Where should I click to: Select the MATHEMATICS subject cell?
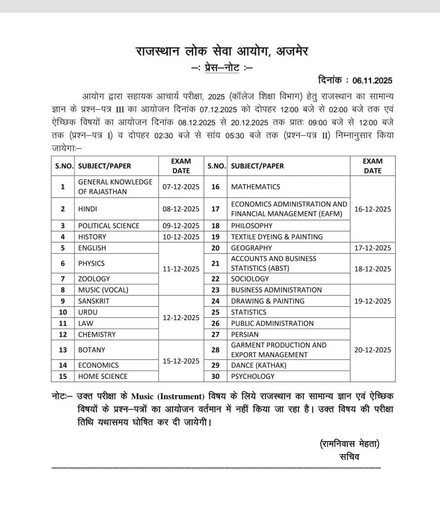pyautogui.click(x=255, y=187)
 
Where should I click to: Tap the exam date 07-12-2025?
pyautogui.click(x=181, y=187)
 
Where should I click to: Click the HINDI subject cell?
pyautogui.click(x=87, y=208)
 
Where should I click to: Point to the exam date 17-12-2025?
pyautogui.click(x=373, y=248)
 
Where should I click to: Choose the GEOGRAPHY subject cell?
pyautogui.click(x=251, y=248)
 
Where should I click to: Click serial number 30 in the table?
pyautogui.click(x=215, y=376)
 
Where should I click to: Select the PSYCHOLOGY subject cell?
pyautogui.click(x=253, y=376)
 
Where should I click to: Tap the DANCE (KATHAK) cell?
pyautogui.click(x=258, y=365)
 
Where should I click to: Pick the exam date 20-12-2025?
pyautogui.click(x=373, y=350)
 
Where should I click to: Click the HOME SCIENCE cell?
pyautogui.click(x=103, y=376)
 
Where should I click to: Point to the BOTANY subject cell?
pyautogui.click(x=92, y=350)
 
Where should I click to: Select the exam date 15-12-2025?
pyautogui.click(x=181, y=361)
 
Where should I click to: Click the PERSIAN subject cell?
pyautogui.click(x=245, y=334)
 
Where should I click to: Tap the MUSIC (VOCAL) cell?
pyautogui.click(x=103, y=290)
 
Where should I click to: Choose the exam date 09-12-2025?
pyautogui.click(x=181, y=226)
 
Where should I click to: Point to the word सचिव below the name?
pyautogui.click(x=349, y=457)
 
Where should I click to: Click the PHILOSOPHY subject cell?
pyautogui.click(x=251, y=226)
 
